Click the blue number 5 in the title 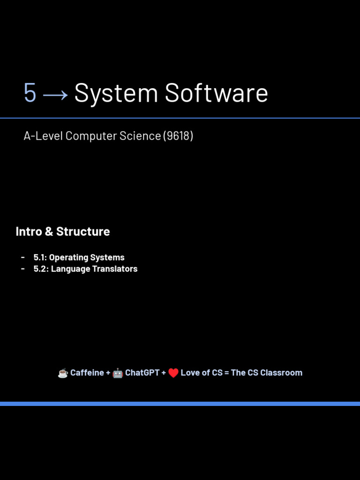click(30, 92)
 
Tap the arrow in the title click(55, 95)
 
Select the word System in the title click(116, 93)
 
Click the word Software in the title click(217, 93)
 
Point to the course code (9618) click(178, 136)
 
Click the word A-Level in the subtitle click(43, 136)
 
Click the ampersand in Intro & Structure click(49, 232)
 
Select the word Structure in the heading click(83, 232)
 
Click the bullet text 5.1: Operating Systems click(79, 257)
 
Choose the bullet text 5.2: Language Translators click(85, 269)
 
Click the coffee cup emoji click(63, 373)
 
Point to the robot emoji click(118, 373)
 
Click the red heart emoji click(173, 373)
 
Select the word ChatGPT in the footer click(142, 373)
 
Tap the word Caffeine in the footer click(87, 373)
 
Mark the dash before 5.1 click(23, 257)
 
